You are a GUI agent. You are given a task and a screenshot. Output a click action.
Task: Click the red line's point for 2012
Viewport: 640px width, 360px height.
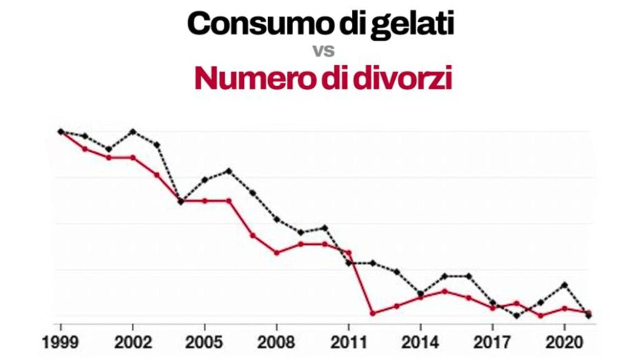tap(372, 313)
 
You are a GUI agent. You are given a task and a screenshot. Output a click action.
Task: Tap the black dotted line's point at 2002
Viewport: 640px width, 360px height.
tap(132, 131)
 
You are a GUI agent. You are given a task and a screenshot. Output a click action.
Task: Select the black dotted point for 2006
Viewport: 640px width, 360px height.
tap(229, 171)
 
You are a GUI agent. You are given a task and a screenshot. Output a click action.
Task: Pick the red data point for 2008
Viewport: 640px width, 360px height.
tap(276, 252)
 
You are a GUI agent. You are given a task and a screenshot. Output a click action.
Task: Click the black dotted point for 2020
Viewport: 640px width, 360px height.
tap(564, 284)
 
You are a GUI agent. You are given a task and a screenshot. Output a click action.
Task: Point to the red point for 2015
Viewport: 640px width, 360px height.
tap(444, 291)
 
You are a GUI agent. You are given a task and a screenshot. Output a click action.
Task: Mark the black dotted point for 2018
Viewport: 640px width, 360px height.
tap(516, 316)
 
